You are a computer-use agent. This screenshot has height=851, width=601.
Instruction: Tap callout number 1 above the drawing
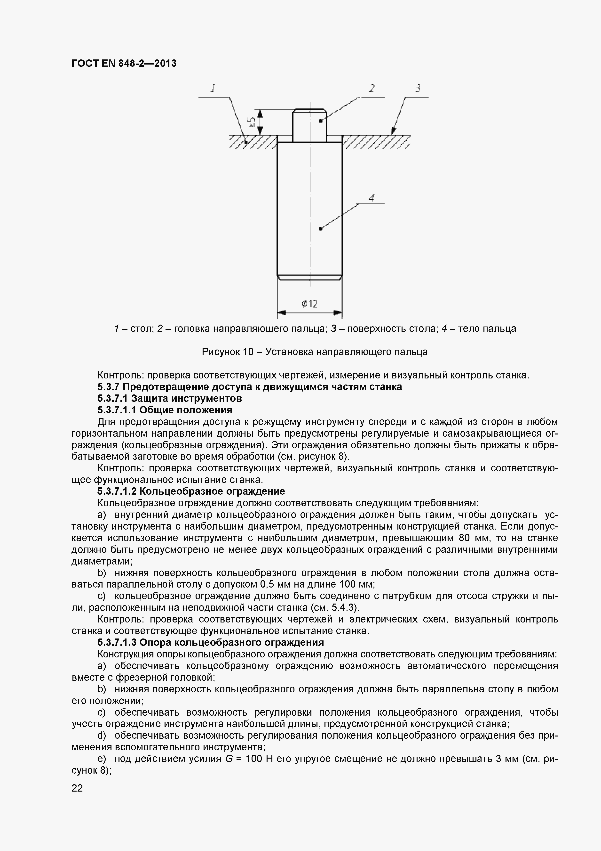coord(213,88)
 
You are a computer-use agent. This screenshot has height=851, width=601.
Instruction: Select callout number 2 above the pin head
coord(372,88)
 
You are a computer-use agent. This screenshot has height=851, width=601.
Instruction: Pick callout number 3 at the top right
coord(418,88)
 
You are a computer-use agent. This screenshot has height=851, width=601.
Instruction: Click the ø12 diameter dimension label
coord(309,304)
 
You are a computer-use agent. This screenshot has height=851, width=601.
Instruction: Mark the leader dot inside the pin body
coord(321,229)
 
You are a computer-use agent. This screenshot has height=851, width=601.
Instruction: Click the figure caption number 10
coord(248,352)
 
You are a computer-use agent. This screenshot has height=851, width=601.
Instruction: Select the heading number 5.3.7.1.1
coord(117,410)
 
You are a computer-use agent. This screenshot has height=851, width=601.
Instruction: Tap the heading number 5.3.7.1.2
coord(117,491)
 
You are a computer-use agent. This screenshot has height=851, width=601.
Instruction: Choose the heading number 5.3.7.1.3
coord(117,642)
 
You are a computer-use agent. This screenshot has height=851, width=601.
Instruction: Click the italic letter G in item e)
coord(229,759)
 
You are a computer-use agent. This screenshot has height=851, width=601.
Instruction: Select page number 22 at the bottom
coord(77,788)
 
